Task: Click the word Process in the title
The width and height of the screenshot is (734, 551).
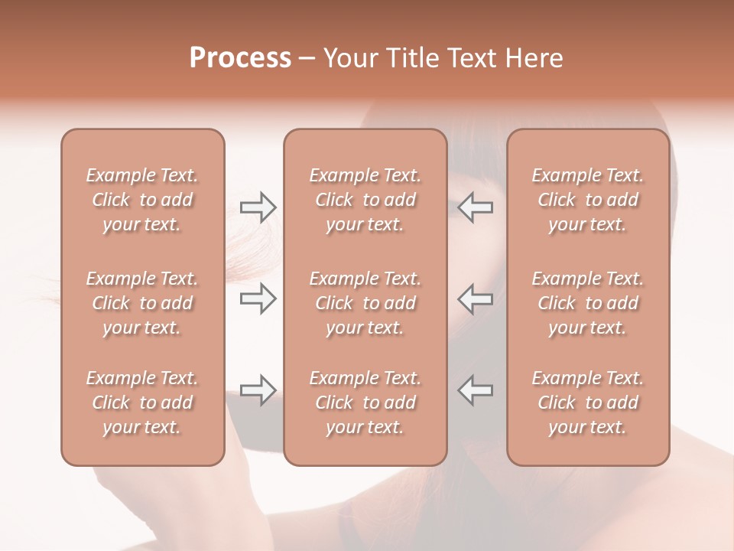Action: pyautogui.click(x=240, y=58)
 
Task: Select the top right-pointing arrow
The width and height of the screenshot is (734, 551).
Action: pyautogui.click(x=258, y=207)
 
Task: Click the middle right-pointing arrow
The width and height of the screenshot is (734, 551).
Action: pyautogui.click(x=258, y=298)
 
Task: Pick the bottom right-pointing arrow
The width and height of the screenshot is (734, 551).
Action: pyautogui.click(x=258, y=390)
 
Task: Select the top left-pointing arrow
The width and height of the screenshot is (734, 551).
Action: pyautogui.click(x=476, y=207)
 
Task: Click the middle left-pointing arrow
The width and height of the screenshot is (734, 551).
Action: pyautogui.click(x=476, y=298)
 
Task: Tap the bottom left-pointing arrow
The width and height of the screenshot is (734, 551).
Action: pyautogui.click(x=476, y=390)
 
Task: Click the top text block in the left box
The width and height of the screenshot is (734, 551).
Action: pyautogui.click(x=142, y=200)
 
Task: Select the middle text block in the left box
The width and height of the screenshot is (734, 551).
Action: pyautogui.click(x=142, y=303)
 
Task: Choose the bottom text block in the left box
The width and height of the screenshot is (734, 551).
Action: pyautogui.click(x=142, y=403)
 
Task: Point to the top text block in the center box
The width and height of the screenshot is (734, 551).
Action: pyautogui.click(x=365, y=200)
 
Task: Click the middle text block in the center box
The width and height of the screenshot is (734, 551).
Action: pyautogui.click(x=365, y=303)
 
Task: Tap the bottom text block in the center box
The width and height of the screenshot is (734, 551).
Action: pyautogui.click(x=365, y=403)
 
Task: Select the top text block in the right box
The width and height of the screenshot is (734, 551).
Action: pyautogui.click(x=587, y=200)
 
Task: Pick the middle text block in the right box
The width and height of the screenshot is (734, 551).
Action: pyautogui.click(x=587, y=303)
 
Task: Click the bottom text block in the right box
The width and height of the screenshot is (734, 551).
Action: pyautogui.click(x=587, y=403)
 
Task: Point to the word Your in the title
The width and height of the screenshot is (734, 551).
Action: pyautogui.click(x=349, y=58)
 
